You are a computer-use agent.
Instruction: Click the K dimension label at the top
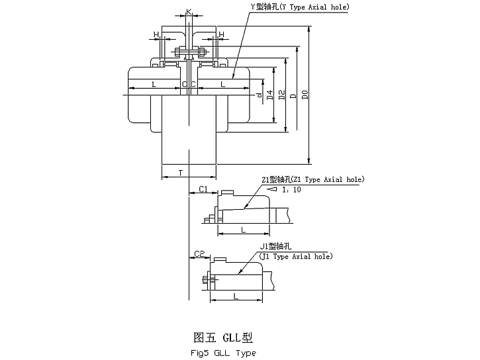pos(189,12)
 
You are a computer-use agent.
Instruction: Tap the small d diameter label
pos(259,95)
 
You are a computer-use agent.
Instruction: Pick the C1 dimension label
pos(204,189)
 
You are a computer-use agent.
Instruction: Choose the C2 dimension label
pos(200,253)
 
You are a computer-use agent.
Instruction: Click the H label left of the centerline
pos(156,34)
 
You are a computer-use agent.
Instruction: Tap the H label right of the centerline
pos(221,34)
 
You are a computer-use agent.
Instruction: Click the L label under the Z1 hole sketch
pos(243,229)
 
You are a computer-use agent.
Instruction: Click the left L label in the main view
pos(154,84)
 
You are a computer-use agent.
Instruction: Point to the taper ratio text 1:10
pos(291,189)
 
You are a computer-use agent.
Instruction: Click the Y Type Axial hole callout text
pos(299,7)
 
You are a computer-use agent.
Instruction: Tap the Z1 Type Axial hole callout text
pos(313,179)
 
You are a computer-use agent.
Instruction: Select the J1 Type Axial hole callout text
pos(296,256)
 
